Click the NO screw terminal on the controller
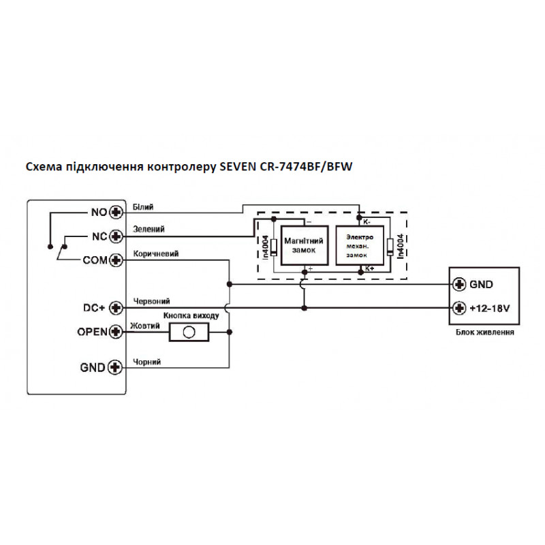(116, 212)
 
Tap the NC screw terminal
(116, 236)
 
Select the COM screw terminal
(116, 260)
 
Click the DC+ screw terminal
(116, 308)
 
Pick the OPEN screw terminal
(116, 332)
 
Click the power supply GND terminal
(459, 284)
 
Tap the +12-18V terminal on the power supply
(459, 308)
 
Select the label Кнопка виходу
(191, 317)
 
